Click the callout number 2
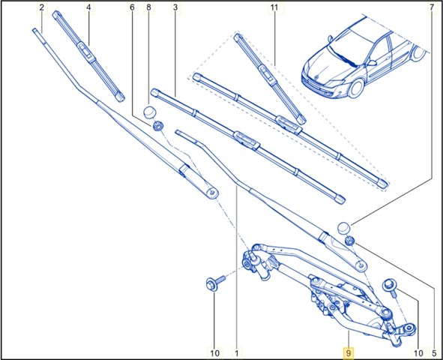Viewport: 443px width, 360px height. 42,7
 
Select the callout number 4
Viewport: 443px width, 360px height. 88,7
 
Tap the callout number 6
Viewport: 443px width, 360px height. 132,7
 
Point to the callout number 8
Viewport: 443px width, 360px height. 149,7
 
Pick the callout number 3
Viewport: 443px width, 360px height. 175,7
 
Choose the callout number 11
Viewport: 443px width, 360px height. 274,7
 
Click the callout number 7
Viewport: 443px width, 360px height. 432,7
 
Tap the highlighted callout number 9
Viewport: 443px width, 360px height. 349,353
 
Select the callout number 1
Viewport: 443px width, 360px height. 237,353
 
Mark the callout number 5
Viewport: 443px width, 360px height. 434,353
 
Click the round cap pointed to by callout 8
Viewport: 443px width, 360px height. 150,112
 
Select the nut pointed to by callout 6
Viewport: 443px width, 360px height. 158,126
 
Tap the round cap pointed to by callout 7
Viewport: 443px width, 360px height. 344,228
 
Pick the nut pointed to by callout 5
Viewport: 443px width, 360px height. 350,241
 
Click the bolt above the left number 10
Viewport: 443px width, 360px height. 216,282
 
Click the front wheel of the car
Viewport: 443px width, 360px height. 356,88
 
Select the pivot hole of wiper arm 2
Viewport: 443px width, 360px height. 212,193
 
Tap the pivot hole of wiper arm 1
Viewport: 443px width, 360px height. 361,265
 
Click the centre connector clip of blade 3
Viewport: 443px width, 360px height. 247,139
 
